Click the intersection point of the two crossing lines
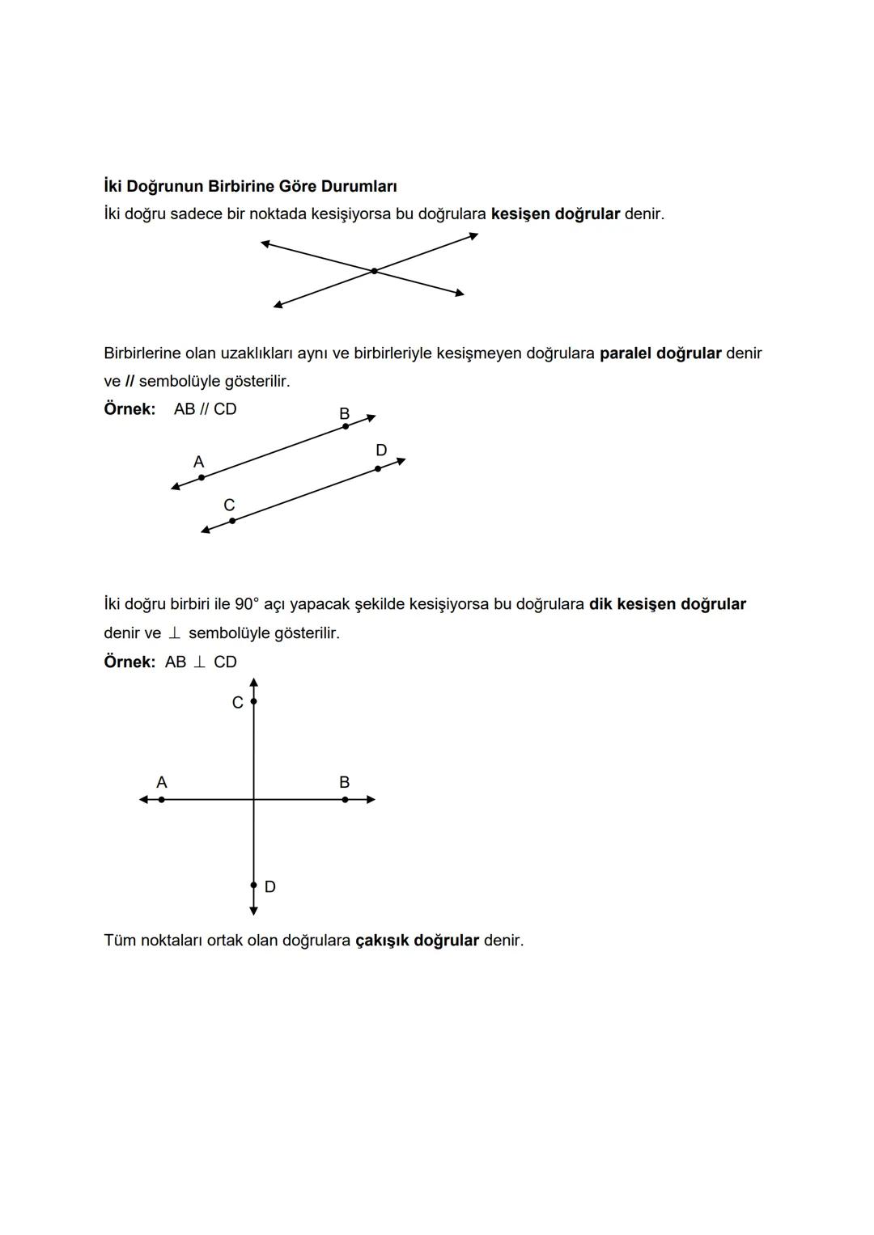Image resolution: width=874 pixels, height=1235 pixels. point(374,271)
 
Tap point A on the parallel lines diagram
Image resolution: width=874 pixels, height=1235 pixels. point(202,477)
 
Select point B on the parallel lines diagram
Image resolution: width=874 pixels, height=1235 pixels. point(346,426)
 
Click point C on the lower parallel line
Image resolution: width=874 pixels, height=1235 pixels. point(232,521)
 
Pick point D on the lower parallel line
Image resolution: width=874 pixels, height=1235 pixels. point(378,468)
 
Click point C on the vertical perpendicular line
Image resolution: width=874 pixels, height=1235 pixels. point(253,701)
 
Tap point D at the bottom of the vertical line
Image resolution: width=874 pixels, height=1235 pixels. point(253,886)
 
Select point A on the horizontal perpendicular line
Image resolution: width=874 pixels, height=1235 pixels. point(162,799)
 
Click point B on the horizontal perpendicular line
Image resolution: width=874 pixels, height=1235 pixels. point(345,799)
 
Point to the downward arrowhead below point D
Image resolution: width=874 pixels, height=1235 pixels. point(253,911)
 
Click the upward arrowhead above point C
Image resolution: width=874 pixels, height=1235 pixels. point(253,683)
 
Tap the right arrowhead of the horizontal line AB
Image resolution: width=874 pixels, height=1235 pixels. point(371,799)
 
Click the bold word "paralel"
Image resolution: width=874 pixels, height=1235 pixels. point(625,353)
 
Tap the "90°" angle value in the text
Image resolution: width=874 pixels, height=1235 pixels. point(247,604)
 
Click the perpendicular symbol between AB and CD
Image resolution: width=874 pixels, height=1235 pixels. point(199,662)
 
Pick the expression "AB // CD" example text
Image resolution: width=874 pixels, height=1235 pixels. point(206,409)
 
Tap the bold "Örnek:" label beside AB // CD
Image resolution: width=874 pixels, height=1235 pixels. point(129,409)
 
